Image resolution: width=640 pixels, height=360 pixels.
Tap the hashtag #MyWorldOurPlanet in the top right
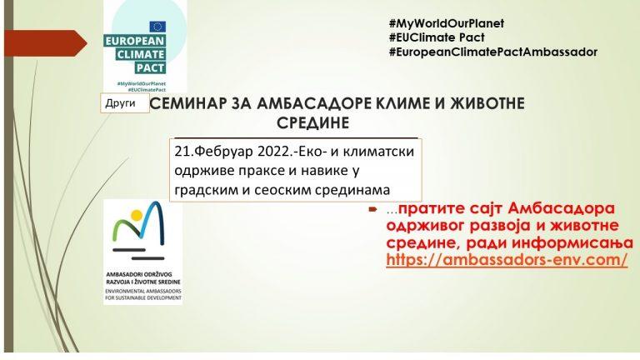[x=447, y=22]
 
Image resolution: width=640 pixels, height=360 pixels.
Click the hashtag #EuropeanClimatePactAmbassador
[x=492, y=52]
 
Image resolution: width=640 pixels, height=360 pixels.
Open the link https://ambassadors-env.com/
[x=507, y=260]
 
